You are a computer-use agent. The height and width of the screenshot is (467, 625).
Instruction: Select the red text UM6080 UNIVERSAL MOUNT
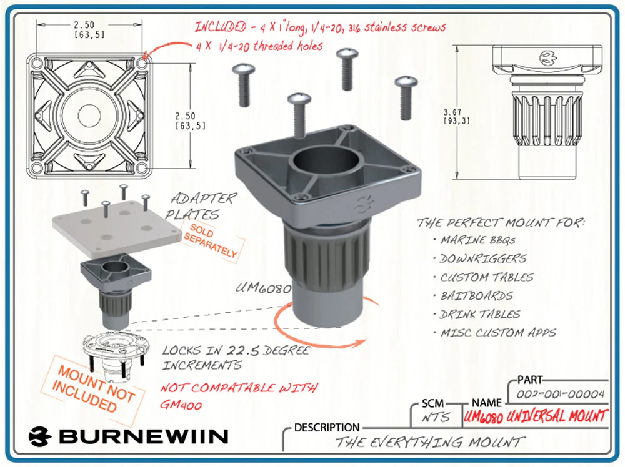pos(536,416)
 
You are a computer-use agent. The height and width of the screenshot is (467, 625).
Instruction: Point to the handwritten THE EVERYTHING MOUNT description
pos(430,443)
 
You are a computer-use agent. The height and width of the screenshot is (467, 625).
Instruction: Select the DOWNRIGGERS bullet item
pos(483,258)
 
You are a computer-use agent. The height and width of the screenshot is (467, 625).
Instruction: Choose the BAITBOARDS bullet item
pos(476,296)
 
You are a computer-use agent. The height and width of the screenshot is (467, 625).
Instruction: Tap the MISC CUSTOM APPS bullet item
pos(497,333)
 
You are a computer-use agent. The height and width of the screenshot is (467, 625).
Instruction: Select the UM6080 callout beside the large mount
pos(264,289)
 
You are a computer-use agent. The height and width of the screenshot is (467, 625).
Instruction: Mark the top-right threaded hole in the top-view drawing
pos(141,64)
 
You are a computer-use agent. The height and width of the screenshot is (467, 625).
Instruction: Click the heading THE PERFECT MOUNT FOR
pos(504,222)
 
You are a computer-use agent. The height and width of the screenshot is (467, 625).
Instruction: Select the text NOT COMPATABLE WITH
pos(239,388)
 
